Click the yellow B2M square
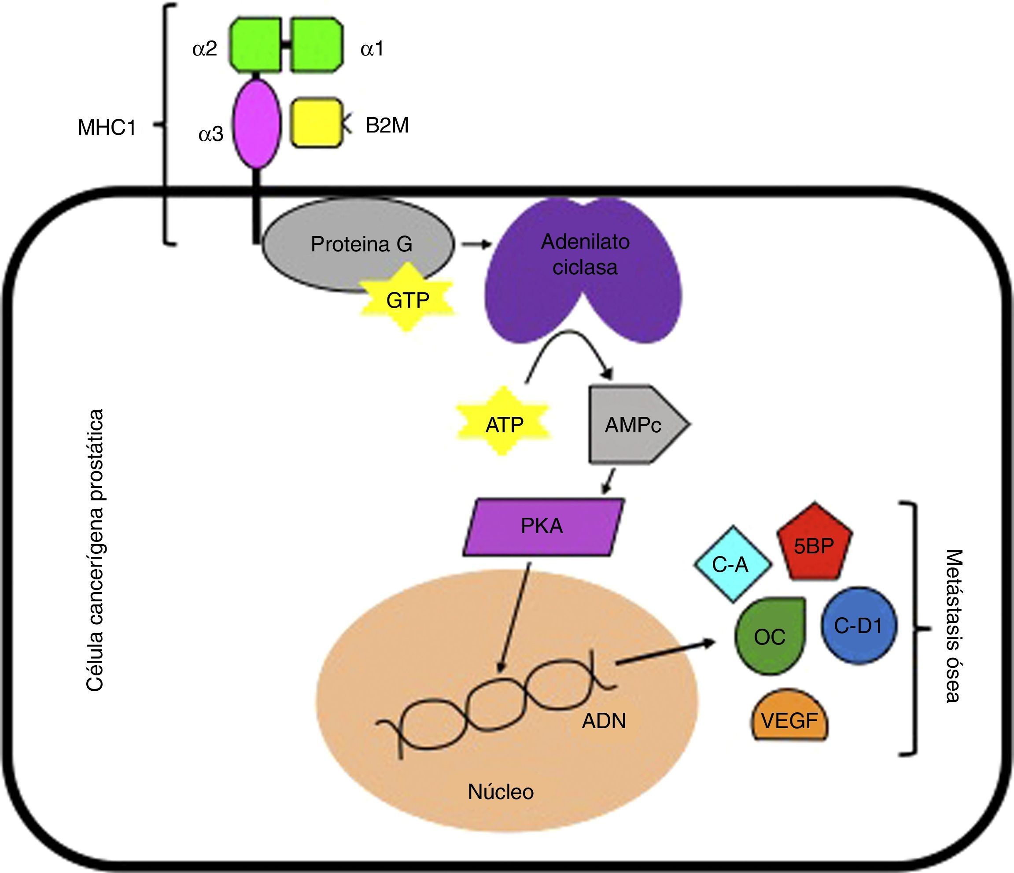click(x=317, y=123)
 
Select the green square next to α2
click(x=256, y=45)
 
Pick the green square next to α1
click(x=317, y=45)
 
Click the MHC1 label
click(x=107, y=128)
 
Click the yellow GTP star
click(x=407, y=300)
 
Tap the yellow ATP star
click(x=504, y=424)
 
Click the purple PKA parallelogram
click(x=543, y=527)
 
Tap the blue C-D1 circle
click(x=859, y=626)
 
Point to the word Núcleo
click(x=501, y=791)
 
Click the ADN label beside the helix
click(x=603, y=721)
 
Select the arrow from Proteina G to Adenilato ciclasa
click(x=476, y=244)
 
